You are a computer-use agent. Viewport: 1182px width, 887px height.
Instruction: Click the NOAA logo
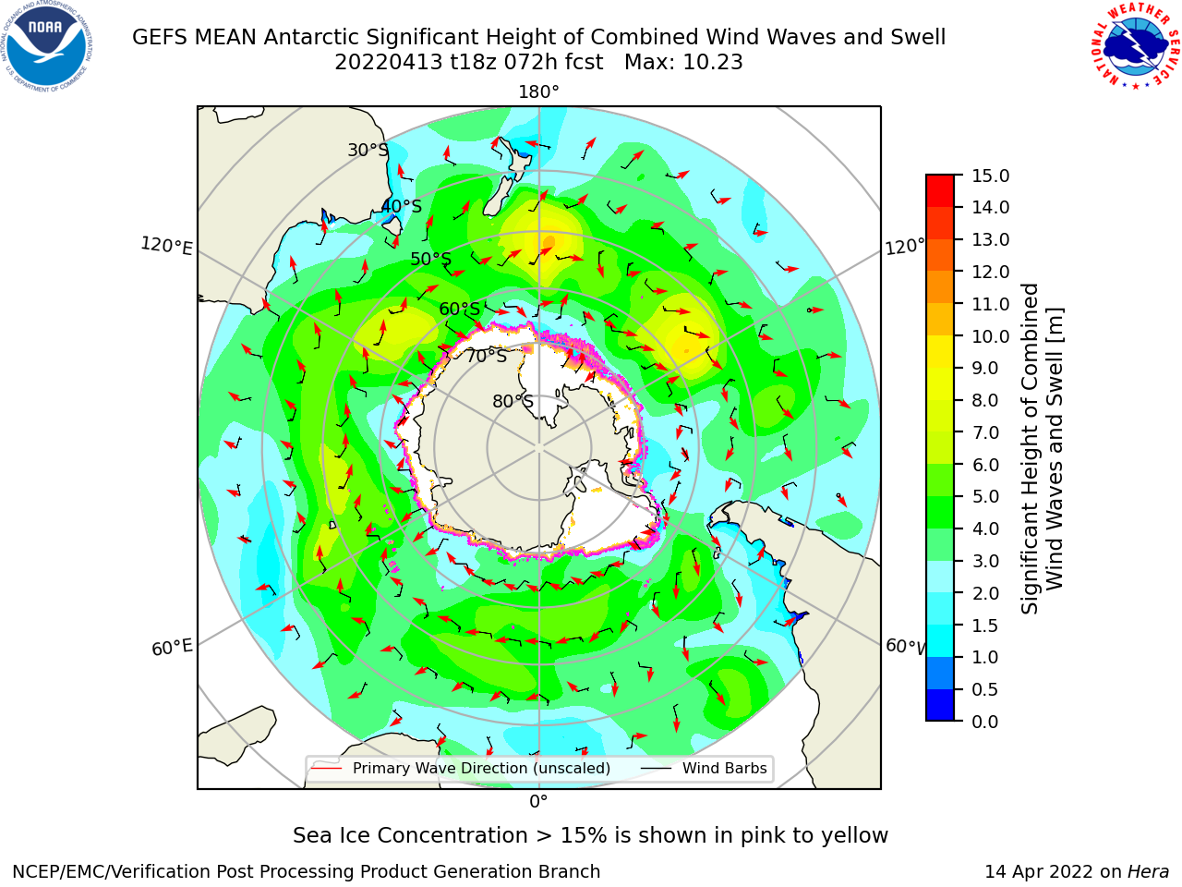point(47,46)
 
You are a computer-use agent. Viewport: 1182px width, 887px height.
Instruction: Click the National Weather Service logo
point(1135,46)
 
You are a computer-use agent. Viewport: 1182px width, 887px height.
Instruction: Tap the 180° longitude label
point(538,92)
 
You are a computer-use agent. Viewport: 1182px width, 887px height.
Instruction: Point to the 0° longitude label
point(538,802)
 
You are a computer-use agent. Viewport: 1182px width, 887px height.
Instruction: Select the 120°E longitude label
point(166,246)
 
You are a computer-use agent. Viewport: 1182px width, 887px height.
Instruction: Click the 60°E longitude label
point(172,647)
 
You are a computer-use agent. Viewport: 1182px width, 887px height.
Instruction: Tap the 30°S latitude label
point(368,150)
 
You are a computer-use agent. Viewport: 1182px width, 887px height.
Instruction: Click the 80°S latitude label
point(513,401)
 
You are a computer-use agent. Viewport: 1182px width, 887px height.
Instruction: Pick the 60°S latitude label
point(459,309)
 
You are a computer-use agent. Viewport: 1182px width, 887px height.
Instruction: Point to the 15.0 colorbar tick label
point(990,176)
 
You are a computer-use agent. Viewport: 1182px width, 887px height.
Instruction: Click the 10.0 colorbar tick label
point(990,336)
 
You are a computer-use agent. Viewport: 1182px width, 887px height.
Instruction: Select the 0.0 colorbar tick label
point(985,722)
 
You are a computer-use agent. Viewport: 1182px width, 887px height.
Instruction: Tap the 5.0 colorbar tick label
point(985,496)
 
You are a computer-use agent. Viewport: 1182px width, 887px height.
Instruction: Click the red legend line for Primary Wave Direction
point(326,769)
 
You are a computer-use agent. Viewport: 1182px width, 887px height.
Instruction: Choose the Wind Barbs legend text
point(724,769)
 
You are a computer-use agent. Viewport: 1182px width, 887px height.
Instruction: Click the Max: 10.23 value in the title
point(683,63)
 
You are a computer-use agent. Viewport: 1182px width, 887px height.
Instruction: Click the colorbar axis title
point(1042,448)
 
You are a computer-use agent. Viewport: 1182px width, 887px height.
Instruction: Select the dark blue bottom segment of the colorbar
point(940,705)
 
